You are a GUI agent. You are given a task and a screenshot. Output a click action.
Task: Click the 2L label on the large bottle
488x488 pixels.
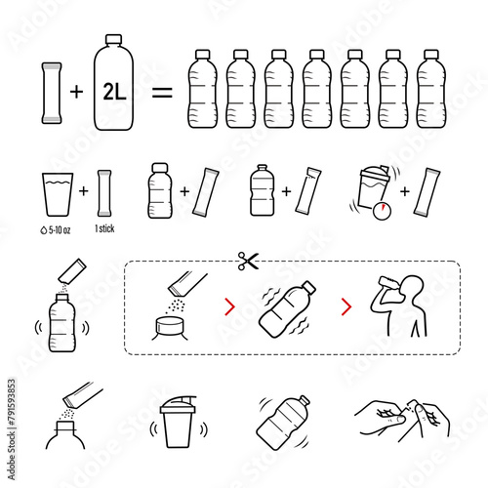click(114, 92)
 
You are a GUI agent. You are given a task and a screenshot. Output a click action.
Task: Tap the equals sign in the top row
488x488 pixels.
click(162, 92)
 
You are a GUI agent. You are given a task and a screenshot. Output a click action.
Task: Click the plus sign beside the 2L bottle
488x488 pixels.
click(77, 92)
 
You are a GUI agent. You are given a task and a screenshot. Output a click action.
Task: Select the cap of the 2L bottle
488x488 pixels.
click(113, 39)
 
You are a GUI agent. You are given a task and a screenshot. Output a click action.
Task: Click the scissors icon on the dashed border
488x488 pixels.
click(248, 261)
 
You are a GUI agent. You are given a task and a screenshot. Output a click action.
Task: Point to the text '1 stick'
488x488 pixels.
click(104, 228)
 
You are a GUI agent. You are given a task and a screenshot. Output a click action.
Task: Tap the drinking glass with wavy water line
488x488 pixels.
click(58, 194)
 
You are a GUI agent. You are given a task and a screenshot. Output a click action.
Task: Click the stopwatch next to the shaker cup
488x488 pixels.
click(382, 211)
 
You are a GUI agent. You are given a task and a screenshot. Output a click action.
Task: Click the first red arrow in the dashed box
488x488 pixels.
click(230, 306)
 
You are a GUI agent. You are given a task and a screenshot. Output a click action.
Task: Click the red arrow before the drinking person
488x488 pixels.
click(346, 306)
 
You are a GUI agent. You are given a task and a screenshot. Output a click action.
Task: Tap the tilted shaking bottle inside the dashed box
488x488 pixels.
click(287, 309)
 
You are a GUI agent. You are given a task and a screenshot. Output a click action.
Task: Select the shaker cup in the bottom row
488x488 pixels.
click(178, 422)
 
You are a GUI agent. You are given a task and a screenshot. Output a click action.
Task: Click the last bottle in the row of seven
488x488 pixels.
click(431, 89)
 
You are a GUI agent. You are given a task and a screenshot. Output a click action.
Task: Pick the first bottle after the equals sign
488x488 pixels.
click(202, 89)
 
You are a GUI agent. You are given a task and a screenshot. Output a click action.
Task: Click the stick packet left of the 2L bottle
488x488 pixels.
click(52, 93)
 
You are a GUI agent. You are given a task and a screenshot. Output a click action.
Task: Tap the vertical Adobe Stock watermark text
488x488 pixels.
click(12, 428)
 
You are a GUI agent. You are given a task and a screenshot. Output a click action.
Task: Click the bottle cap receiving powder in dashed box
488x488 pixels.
click(170, 325)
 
